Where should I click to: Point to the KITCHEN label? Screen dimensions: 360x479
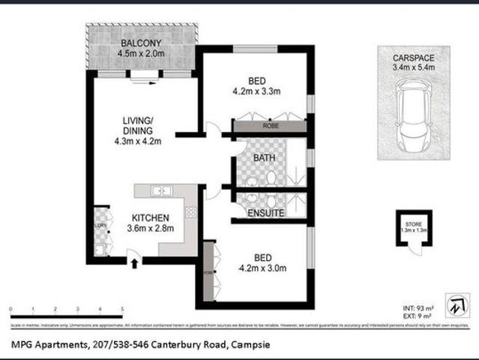(150, 217)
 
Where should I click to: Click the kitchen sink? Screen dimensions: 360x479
(162, 191)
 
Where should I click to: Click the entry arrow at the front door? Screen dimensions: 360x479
(134, 262)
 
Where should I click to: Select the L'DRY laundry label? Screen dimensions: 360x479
(99, 226)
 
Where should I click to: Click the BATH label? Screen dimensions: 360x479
(262, 158)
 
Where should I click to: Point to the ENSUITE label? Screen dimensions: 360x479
(265, 213)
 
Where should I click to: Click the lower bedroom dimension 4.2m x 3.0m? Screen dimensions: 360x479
(262, 267)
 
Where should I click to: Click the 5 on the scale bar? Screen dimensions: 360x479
(122, 308)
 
